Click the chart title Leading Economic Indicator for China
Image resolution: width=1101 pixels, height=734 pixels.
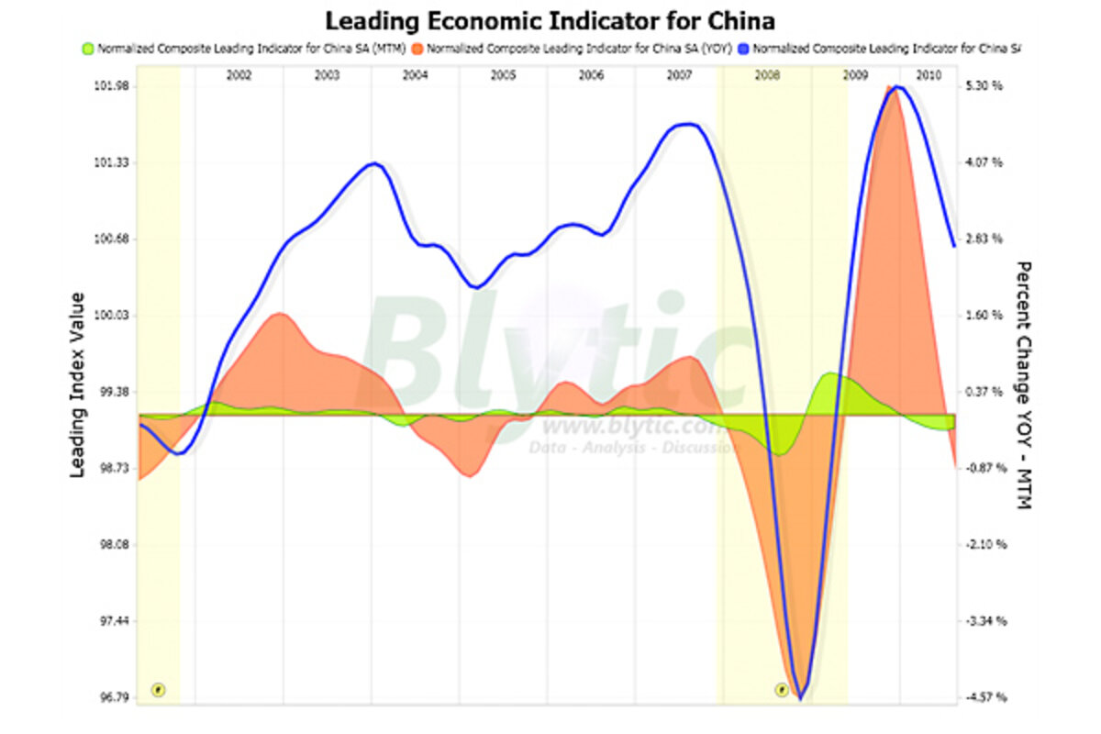coord(550,20)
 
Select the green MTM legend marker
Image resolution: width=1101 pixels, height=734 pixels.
coord(88,47)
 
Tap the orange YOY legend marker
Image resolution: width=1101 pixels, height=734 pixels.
coord(418,47)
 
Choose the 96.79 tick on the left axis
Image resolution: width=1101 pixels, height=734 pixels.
coord(112,697)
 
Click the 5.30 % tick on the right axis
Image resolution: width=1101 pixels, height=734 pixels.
coord(984,86)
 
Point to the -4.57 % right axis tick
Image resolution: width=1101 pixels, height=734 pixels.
coord(986,697)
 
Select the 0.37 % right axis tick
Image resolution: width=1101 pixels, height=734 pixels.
coord(984,392)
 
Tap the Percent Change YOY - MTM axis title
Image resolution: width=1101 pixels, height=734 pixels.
coord(1024,385)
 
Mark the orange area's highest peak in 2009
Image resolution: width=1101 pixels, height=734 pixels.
coord(889,87)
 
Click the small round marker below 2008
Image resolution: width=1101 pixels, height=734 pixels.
coord(782,689)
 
